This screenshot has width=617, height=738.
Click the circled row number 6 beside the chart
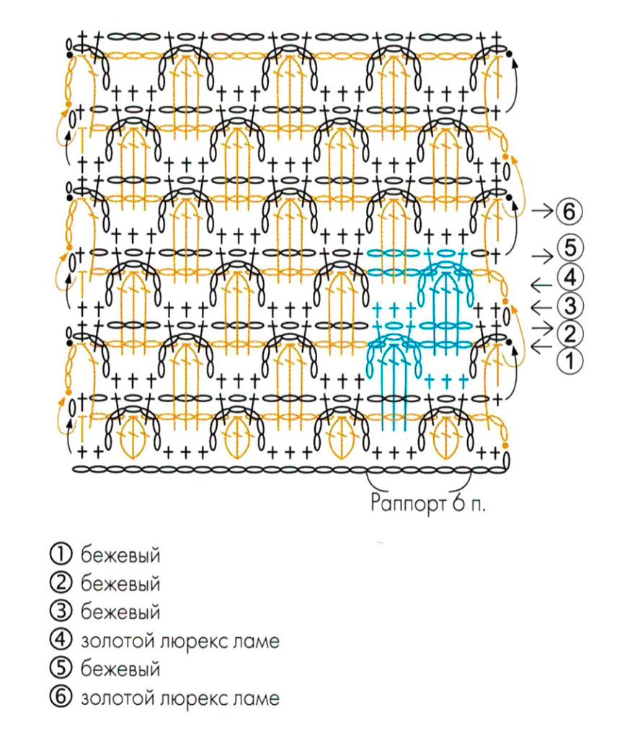[569, 212]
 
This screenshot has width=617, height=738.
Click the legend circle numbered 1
[61, 554]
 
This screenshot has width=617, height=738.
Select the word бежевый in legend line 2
[120, 584]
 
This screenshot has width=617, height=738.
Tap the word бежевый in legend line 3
[120, 613]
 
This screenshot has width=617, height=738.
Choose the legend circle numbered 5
[61, 668]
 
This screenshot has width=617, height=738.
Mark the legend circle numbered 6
[61, 698]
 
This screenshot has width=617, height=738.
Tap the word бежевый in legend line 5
[120, 668]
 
